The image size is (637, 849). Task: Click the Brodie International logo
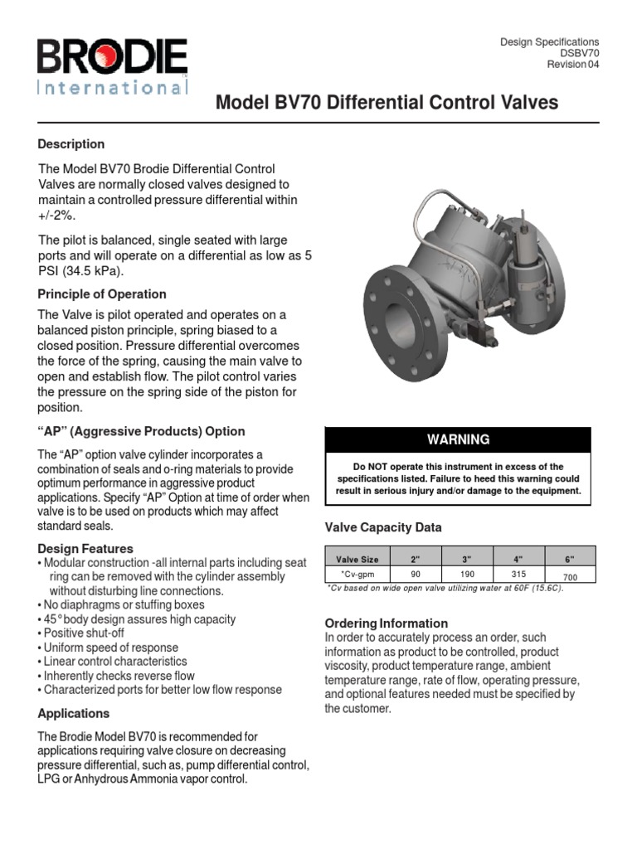tap(112, 68)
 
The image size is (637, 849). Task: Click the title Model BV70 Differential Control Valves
tap(387, 103)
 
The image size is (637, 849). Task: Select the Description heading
tap(71, 143)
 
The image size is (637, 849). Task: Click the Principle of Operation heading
tap(102, 294)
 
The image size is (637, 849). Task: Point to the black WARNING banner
tap(458, 439)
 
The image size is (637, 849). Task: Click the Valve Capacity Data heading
tap(383, 527)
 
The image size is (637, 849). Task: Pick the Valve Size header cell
tap(357, 560)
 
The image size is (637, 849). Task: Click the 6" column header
tap(569, 560)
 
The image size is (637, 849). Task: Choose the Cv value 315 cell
tap(518, 574)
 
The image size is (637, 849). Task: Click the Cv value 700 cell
tap(569, 575)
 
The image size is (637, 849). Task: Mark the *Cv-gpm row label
tap(357, 574)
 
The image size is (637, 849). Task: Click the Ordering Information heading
tap(387, 623)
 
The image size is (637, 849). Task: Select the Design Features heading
tap(85, 548)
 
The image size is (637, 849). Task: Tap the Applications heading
tap(74, 713)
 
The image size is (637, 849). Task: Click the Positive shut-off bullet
tap(85, 633)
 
